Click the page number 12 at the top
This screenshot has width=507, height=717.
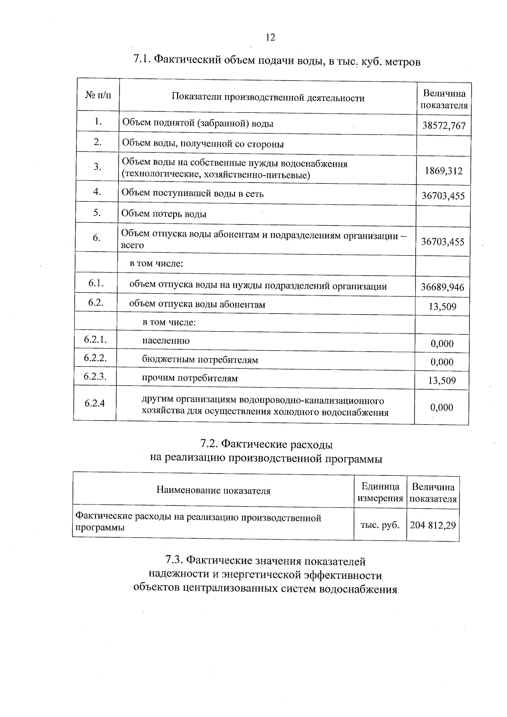point(270,38)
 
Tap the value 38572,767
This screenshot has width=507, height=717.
point(444,125)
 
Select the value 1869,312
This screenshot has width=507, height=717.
point(444,171)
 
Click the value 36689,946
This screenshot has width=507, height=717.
point(442,287)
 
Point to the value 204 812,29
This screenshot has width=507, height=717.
point(433,525)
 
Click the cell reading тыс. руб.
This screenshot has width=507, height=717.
point(380,525)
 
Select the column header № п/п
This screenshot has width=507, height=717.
point(98,95)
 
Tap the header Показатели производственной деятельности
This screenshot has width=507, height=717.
point(268,98)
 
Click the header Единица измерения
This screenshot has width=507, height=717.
point(380,492)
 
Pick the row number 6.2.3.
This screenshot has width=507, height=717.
point(95,376)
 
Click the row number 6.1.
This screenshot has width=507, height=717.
point(96,284)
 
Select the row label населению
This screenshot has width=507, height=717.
point(166,341)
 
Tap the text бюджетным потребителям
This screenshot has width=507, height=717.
point(200,360)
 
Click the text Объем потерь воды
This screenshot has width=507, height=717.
point(164,214)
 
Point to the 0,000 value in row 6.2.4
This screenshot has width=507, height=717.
point(442,407)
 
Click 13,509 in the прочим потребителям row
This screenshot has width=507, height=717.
point(442,381)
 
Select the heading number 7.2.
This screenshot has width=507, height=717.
point(209,444)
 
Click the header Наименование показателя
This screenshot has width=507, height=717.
point(213,490)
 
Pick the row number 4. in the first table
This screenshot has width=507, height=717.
point(97,192)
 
